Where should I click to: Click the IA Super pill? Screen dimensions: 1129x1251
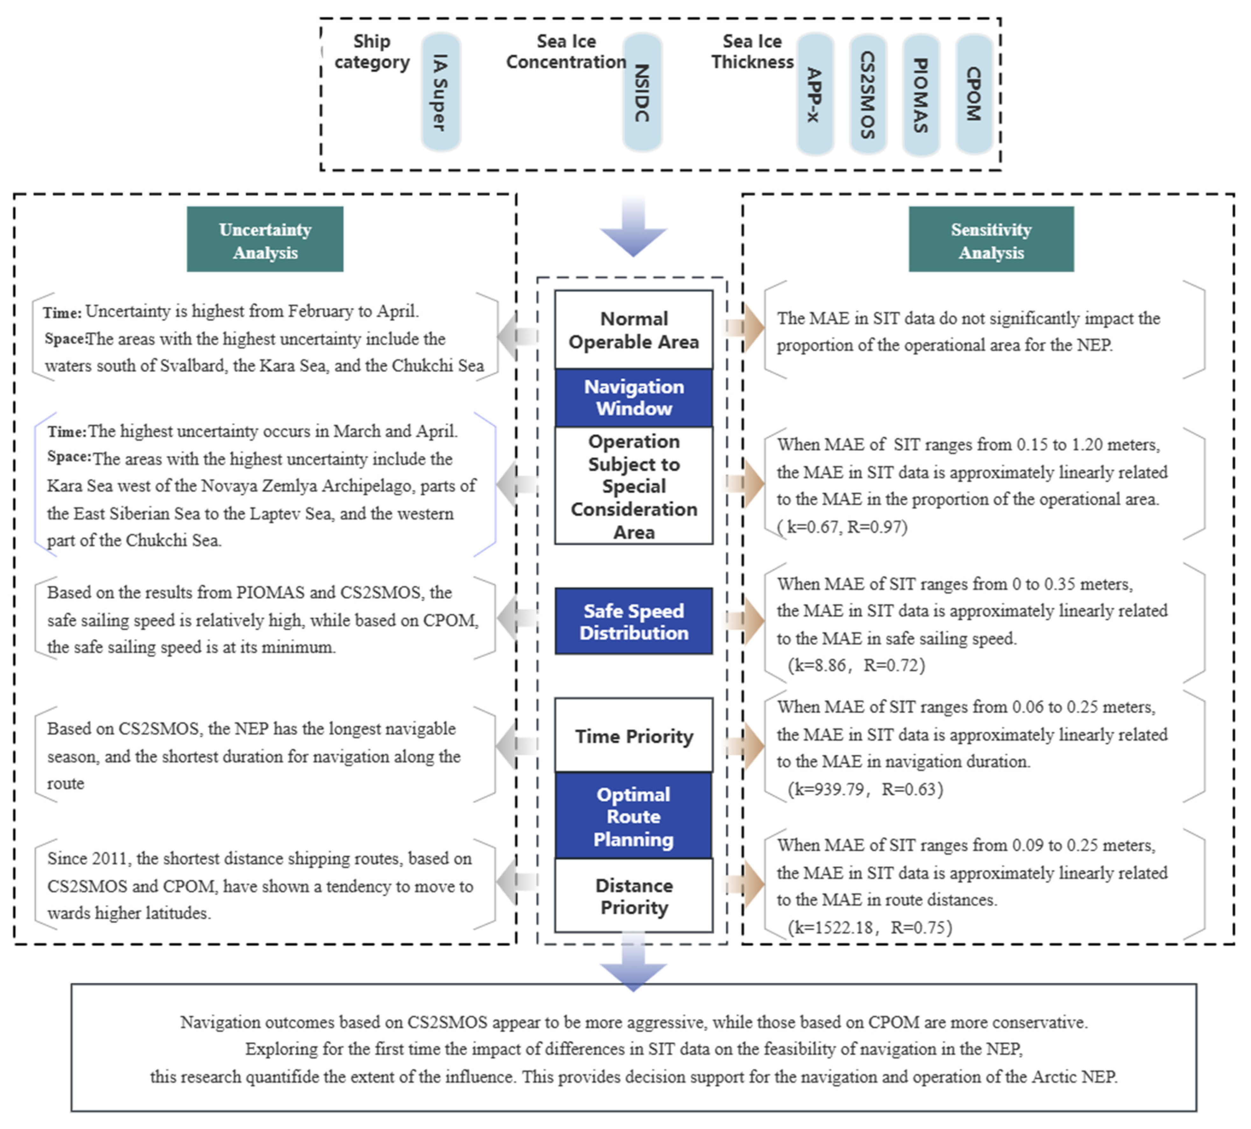[x=440, y=92]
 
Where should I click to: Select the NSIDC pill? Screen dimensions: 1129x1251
[x=642, y=92]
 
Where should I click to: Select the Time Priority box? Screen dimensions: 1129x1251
[x=633, y=736]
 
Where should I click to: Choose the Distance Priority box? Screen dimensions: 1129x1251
[x=633, y=896]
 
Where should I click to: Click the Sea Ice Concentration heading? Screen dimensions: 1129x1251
[x=566, y=52]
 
